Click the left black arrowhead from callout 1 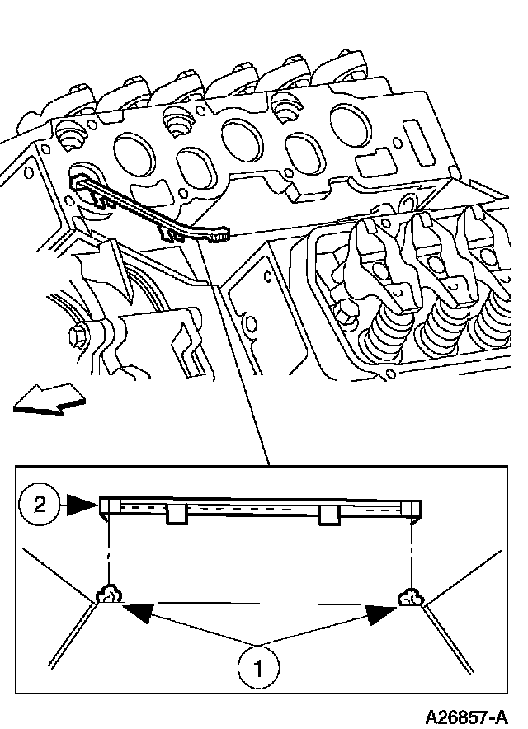pyautogui.click(x=137, y=610)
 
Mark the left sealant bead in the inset pyautogui.click(x=107, y=595)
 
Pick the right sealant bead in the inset pyautogui.click(x=409, y=596)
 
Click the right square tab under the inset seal pyautogui.click(x=329, y=515)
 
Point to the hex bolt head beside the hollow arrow pyautogui.click(x=80, y=336)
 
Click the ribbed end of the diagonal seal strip pyautogui.click(x=218, y=238)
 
